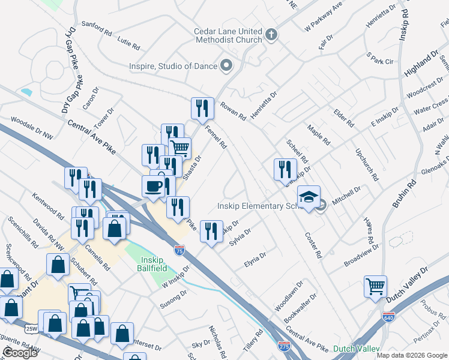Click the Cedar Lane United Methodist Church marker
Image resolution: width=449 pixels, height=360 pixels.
(x=271, y=34)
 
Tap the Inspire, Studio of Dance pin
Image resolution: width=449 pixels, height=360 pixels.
(x=226, y=65)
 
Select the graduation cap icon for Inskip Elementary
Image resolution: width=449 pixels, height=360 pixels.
(x=309, y=197)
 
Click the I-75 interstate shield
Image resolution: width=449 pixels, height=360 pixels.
(x=179, y=249)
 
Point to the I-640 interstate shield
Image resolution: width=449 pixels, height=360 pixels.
(x=389, y=316)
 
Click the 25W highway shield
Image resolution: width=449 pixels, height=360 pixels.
(x=32, y=329)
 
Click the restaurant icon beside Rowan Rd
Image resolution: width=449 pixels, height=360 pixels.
(x=202, y=109)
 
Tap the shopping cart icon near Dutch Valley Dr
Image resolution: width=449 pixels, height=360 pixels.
(x=375, y=286)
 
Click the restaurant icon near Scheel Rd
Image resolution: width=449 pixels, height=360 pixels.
(x=285, y=169)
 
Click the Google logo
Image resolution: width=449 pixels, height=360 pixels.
(x=20, y=353)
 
